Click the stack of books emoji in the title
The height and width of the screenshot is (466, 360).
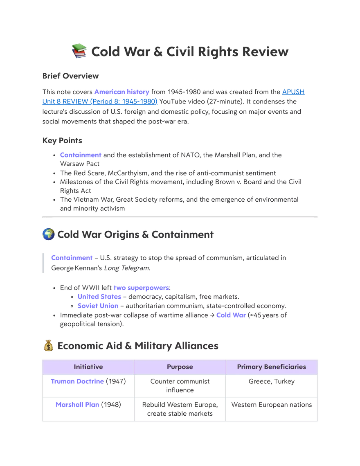[79, 51]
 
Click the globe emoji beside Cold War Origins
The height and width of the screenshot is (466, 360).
[48, 234]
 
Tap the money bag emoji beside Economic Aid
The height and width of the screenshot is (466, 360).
[48, 346]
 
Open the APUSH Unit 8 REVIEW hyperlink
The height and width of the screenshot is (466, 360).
[173, 97]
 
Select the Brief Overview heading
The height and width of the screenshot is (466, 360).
[70, 76]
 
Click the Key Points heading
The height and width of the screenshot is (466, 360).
[62, 140]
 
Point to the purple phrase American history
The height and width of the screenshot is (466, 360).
[122, 92]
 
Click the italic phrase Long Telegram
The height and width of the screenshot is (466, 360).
[127, 268]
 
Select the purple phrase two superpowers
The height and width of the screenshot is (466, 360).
[141, 288]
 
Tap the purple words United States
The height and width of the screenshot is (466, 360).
[99, 297]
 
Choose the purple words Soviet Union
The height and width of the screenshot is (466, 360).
[98, 306]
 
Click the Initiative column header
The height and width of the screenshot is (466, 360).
[88, 367]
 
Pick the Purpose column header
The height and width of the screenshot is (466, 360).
[180, 367]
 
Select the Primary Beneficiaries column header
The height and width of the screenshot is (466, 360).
[271, 367]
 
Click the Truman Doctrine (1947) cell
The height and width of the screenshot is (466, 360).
[88, 381]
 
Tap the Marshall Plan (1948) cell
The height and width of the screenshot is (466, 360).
[88, 405]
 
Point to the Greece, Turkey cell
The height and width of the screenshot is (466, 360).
[271, 381]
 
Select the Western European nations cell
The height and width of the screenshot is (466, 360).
[271, 405]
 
